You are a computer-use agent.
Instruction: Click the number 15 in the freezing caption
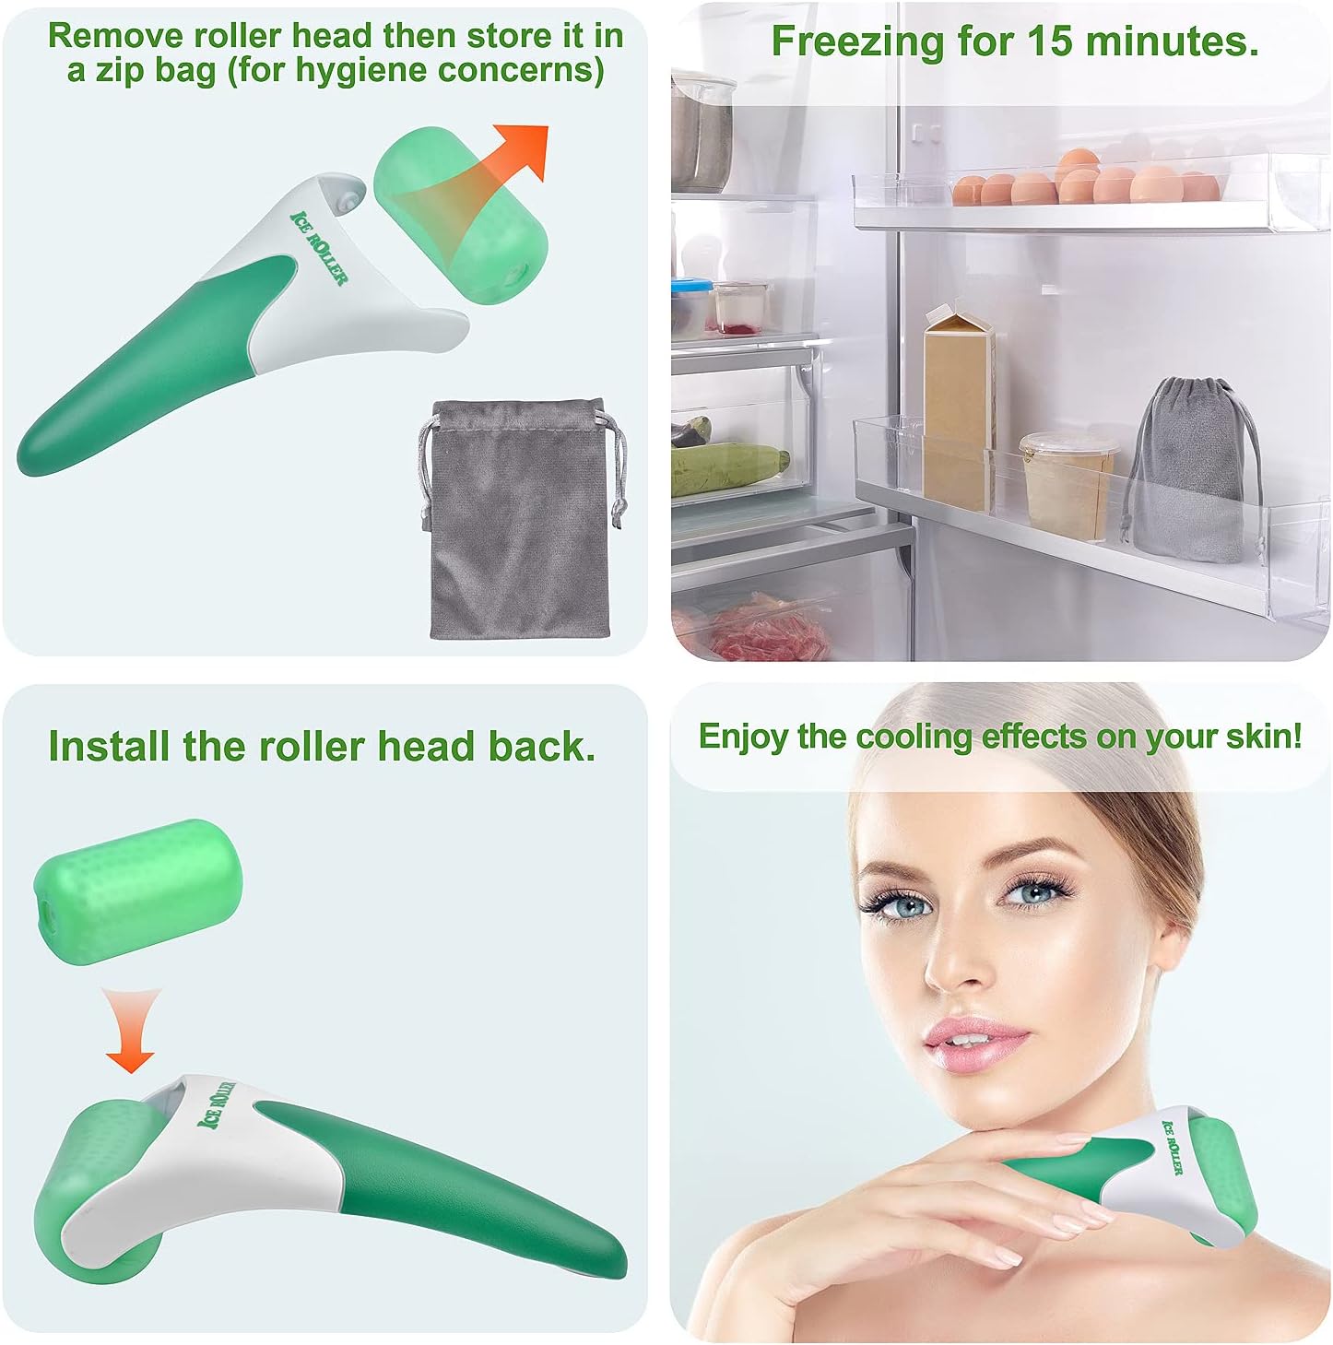click(x=1049, y=41)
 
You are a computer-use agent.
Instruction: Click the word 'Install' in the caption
click(x=110, y=746)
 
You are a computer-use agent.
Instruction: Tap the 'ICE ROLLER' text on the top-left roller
click(x=318, y=248)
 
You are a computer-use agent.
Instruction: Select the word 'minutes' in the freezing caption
click(x=1173, y=41)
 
